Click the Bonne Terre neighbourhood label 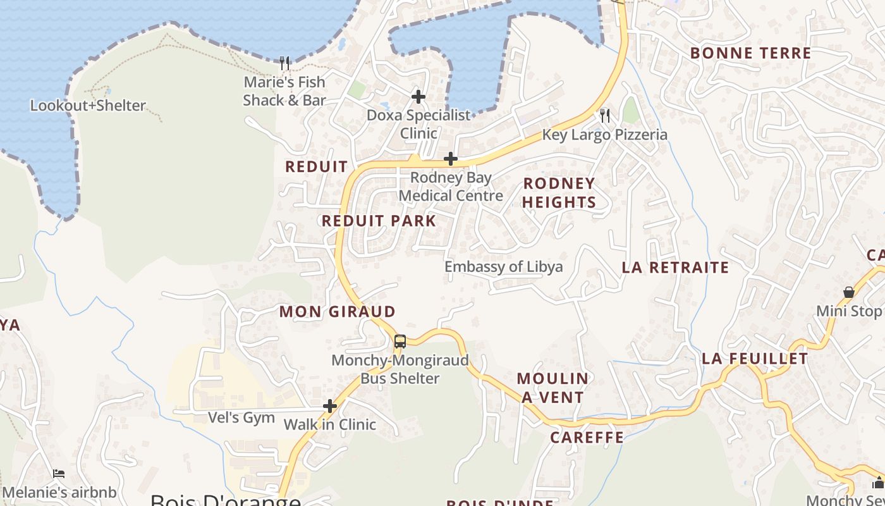click(750, 53)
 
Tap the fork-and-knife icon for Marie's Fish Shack click(284, 63)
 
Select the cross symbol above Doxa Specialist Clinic click(418, 97)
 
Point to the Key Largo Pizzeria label click(604, 135)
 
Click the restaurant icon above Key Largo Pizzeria click(605, 115)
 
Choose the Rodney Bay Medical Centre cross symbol click(451, 158)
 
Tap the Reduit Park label click(379, 221)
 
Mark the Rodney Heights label click(559, 193)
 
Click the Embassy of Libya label click(503, 266)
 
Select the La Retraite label click(675, 268)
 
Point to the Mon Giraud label click(337, 312)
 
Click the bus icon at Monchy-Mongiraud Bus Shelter click(400, 342)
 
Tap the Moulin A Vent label click(553, 388)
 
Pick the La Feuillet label click(755, 359)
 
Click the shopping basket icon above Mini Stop click(849, 292)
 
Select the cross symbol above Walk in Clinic click(330, 406)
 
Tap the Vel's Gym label click(241, 417)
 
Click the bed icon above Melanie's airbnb click(59, 473)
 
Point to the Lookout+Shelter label click(88, 106)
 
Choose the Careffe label click(587, 438)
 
